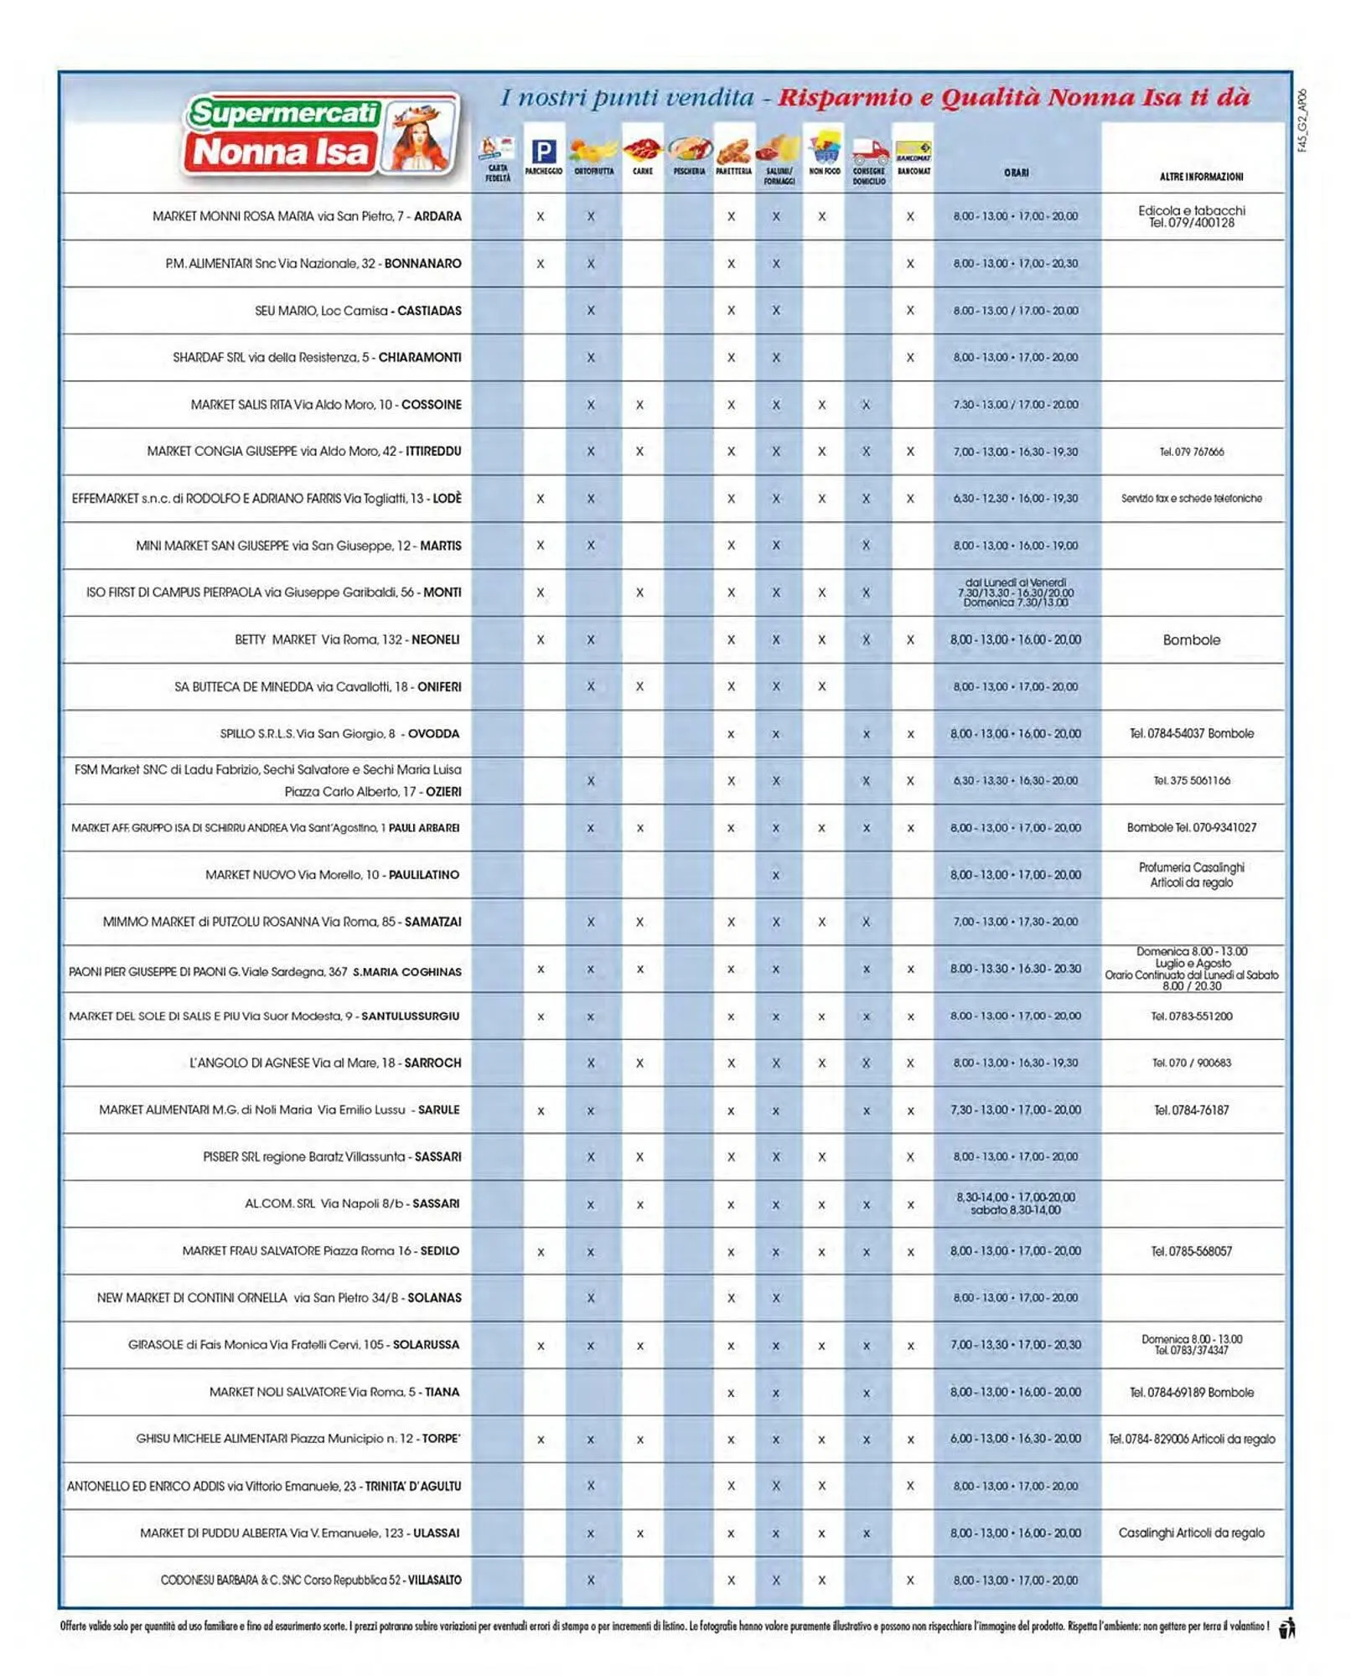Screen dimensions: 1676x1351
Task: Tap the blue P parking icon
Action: point(544,152)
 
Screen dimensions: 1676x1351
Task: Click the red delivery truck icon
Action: point(869,153)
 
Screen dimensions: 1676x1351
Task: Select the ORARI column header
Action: point(1016,173)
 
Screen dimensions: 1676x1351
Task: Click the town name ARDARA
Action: point(437,216)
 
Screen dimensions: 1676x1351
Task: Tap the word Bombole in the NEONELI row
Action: point(1191,640)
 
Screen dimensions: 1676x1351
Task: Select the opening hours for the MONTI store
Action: point(1015,592)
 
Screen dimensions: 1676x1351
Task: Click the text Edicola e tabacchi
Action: point(1191,210)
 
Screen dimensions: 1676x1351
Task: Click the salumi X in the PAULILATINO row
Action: point(776,876)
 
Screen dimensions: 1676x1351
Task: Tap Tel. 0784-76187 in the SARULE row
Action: point(1191,1110)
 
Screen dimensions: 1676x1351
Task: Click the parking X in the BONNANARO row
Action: point(541,264)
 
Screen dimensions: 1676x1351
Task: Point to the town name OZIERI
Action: point(443,792)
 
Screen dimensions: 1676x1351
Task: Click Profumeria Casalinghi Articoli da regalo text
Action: point(1191,875)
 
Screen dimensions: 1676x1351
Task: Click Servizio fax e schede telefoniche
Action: point(1191,499)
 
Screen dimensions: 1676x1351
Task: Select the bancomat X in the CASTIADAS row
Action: point(910,311)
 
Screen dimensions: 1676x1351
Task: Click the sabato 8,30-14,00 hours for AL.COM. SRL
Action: point(1015,1210)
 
